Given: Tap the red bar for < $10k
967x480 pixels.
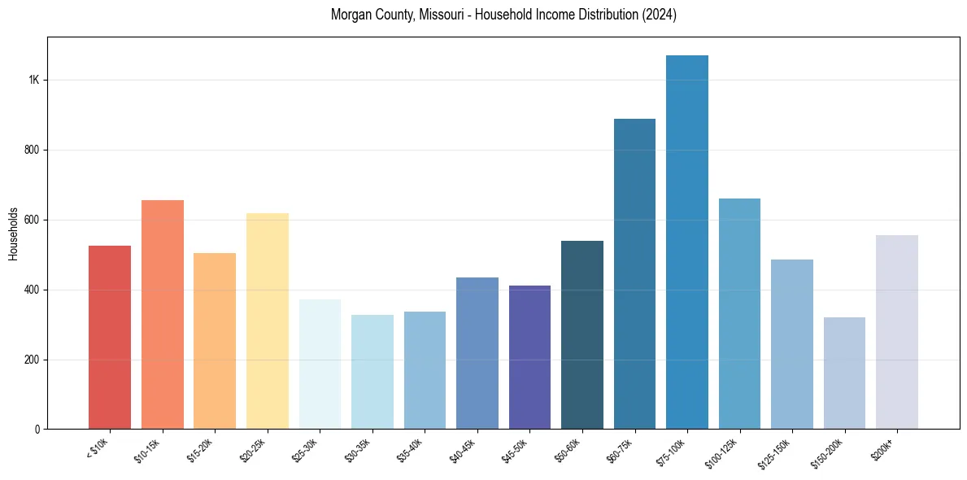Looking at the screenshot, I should (x=110, y=338).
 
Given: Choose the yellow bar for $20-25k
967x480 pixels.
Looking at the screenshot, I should (x=268, y=321).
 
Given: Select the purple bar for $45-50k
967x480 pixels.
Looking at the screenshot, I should (x=529, y=357).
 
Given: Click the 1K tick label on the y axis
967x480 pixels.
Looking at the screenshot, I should (x=34, y=81).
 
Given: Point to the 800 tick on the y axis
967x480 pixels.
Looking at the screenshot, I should (x=32, y=151).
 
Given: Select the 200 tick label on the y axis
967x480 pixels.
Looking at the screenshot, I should (x=32, y=360).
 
